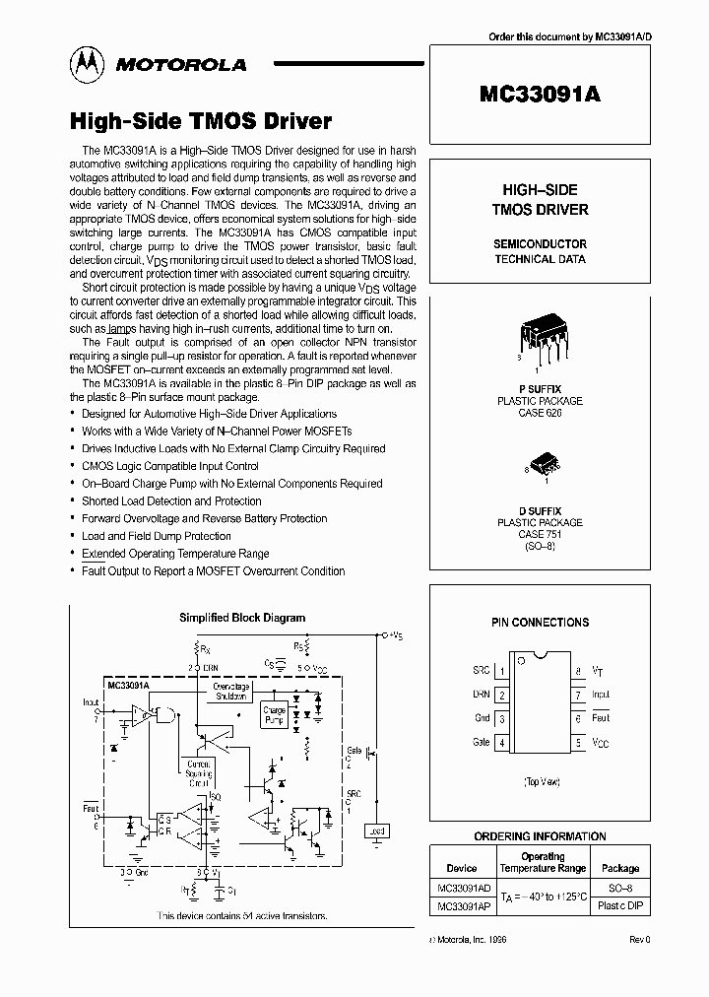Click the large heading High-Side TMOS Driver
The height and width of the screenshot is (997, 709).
click(200, 121)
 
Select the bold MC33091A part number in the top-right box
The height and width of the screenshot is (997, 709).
click(539, 95)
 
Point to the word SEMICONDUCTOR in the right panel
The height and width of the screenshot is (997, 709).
click(540, 243)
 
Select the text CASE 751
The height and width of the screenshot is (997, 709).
click(539, 535)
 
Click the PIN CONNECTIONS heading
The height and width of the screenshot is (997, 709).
click(540, 623)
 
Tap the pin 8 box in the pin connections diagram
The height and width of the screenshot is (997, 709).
click(578, 671)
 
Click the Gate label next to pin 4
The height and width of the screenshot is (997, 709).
click(481, 742)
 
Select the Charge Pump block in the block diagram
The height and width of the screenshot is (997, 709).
click(274, 715)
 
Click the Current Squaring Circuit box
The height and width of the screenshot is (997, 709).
click(199, 769)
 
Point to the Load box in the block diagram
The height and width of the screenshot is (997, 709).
click(375, 831)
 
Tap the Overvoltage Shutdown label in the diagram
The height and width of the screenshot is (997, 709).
click(231, 689)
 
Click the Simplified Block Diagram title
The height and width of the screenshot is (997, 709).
click(241, 618)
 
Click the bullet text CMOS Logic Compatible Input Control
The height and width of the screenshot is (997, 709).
click(170, 466)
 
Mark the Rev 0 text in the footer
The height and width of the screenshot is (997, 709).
click(640, 940)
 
